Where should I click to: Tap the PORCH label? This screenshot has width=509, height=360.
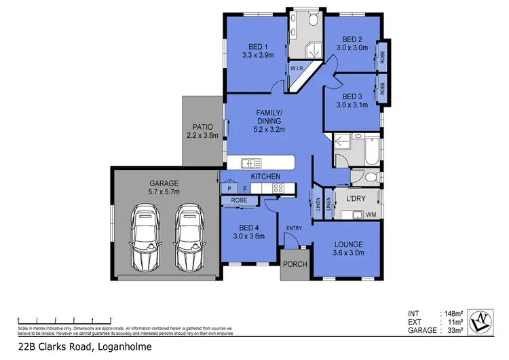(295, 264)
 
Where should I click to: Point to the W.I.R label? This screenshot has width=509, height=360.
(297, 69)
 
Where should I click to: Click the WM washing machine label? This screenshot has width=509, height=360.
(371, 215)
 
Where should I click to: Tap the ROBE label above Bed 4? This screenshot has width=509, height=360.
(239, 200)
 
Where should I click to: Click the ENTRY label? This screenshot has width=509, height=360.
(294, 228)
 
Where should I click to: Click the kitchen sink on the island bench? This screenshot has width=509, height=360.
(252, 163)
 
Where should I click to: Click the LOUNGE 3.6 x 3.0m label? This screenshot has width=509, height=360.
(348, 248)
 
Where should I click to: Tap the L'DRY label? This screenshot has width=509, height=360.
(356, 198)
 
